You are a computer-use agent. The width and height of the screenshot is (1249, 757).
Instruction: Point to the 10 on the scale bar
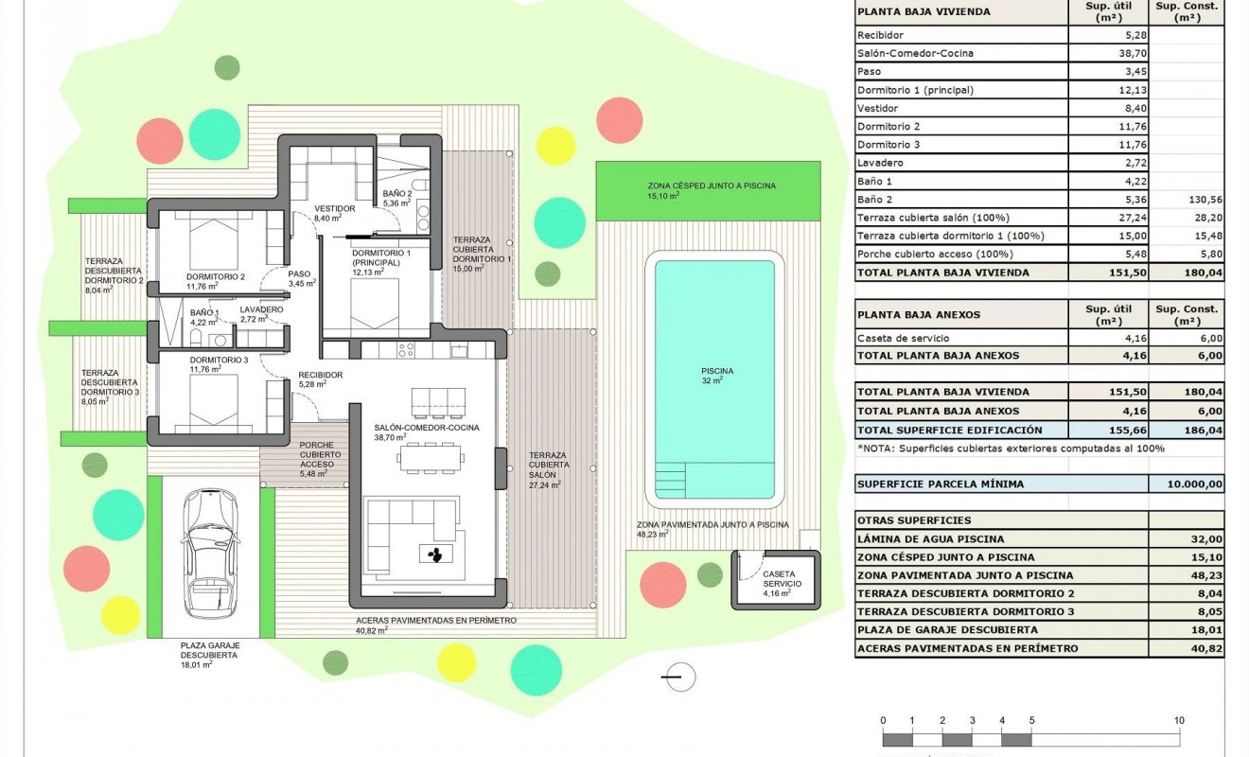pyautogui.click(x=1178, y=721)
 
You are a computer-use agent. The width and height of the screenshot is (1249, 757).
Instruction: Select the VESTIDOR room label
pyautogui.click(x=334, y=208)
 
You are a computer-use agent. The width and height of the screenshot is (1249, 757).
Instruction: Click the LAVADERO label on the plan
pyautogui.click(x=260, y=309)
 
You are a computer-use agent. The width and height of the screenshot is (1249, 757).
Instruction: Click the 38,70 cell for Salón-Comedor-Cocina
pyautogui.click(x=1106, y=54)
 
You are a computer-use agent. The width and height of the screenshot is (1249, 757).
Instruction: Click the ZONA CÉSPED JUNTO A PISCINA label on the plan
pyautogui.click(x=711, y=186)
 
